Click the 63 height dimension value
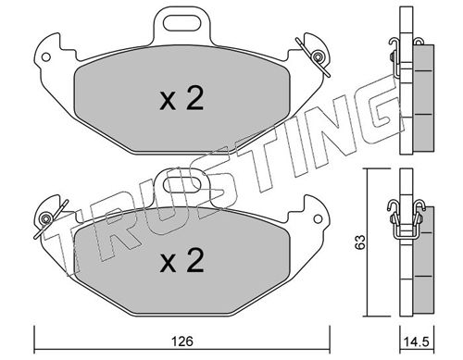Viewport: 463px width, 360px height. pyautogui.click(x=360, y=242)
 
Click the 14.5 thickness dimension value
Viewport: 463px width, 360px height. pyautogui.click(x=417, y=341)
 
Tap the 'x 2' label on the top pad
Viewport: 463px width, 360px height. pyautogui.click(x=181, y=98)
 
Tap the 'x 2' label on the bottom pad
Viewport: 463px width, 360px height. pyautogui.click(x=181, y=260)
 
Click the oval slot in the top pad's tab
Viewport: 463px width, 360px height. pyautogui.click(x=182, y=24)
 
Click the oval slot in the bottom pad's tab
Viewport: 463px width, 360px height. pyautogui.click(x=182, y=185)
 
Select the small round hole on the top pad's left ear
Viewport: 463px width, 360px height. pyautogui.click(x=46, y=57)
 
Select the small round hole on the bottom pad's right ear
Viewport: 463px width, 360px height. pyautogui.click(x=318, y=218)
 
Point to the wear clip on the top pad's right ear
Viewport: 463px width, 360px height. pyautogui.click(x=313, y=57)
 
